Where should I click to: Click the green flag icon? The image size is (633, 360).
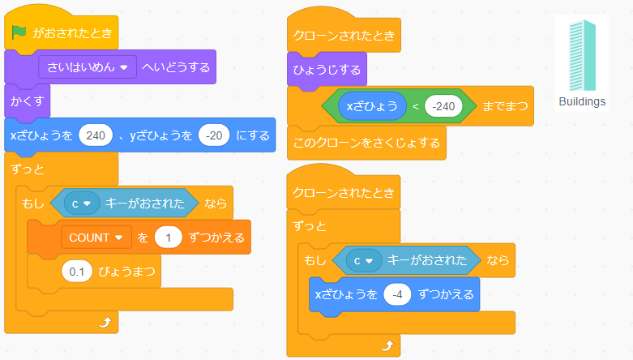(x=19, y=33)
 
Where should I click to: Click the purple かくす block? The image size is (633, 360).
(x=28, y=101)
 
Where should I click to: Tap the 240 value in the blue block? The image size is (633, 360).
(x=95, y=135)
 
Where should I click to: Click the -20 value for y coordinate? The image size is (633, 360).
(x=214, y=135)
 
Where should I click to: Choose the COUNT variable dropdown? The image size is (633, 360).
(x=96, y=238)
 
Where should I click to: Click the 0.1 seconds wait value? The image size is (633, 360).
(x=77, y=272)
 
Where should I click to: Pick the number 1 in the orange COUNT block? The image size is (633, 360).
(x=169, y=238)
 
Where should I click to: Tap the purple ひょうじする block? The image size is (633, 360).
(x=327, y=70)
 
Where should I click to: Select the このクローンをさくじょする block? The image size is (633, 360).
(x=366, y=143)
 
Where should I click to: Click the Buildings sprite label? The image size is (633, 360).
(x=582, y=101)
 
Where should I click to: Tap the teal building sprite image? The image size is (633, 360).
(x=582, y=55)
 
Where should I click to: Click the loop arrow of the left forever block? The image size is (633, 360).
(x=104, y=322)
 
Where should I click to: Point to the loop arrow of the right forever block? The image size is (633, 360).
(x=387, y=345)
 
